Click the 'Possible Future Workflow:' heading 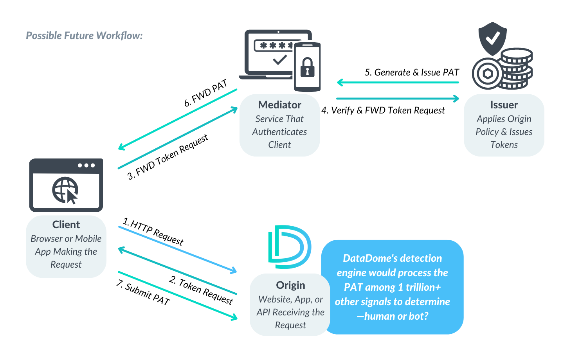click(x=84, y=36)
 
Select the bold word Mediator click(x=279, y=105)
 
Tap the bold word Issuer click(x=504, y=105)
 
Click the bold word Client click(x=66, y=225)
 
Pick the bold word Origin click(x=290, y=285)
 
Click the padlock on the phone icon click(x=307, y=67)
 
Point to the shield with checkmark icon click(x=493, y=38)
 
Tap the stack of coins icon click(x=517, y=68)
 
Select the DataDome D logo click(x=290, y=247)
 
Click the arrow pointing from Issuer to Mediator click(x=398, y=83)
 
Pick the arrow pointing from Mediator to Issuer click(x=398, y=99)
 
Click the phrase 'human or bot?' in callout click(x=396, y=316)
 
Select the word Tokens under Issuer click(x=504, y=145)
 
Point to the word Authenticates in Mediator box click(x=279, y=132)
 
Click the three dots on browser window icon click(x=86, y=165)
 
